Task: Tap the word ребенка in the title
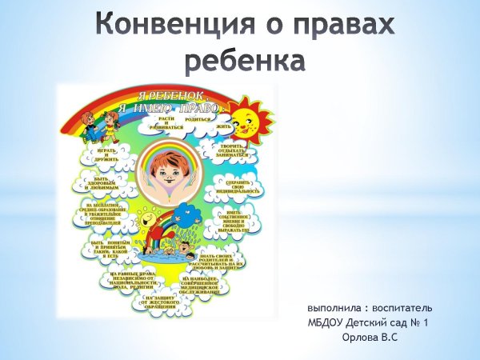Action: pyautogui.click(x=246, y=60)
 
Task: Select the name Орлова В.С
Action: pyautogui.click(x=370, y=338)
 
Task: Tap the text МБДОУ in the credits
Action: pyautogui.click(x=326, y=323)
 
